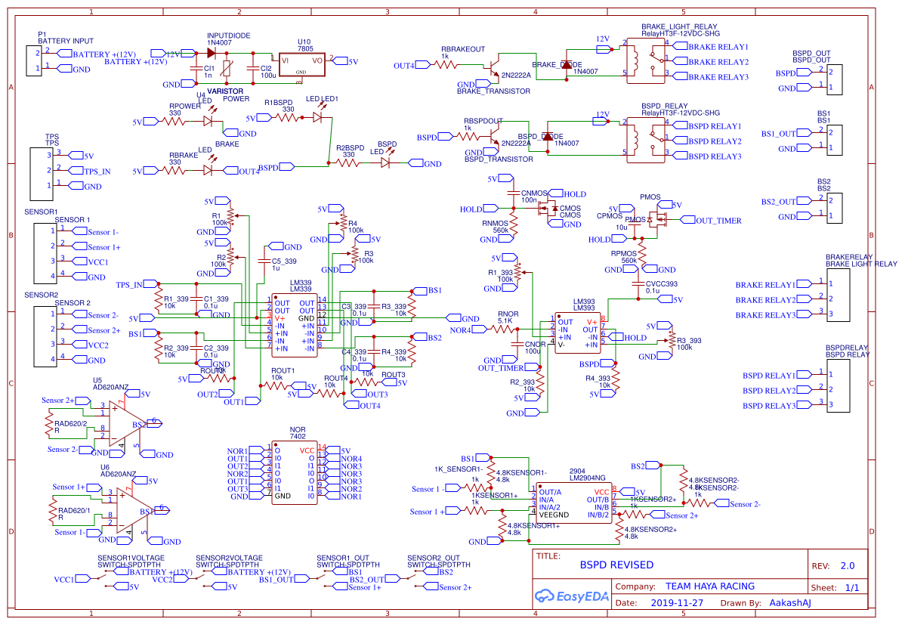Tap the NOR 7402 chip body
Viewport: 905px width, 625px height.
pos(294,473)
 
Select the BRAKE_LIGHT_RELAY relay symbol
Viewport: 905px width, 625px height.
pos(645,61)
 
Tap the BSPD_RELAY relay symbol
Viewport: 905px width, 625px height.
pos(645,141)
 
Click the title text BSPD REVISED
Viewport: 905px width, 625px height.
pos(616,565)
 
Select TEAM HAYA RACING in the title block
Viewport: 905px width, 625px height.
pos(709,586)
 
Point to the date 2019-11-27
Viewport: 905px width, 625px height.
pos(676,603)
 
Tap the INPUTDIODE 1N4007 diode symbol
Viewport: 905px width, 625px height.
pos(211,54)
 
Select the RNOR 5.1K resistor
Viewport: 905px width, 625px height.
pos(504,330)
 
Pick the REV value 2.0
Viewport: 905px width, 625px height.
pos(847,566)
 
